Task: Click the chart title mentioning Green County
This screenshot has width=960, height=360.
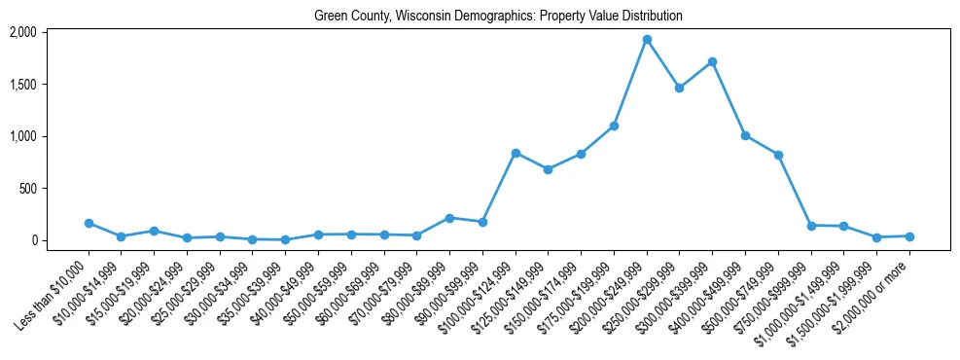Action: click(498, 17)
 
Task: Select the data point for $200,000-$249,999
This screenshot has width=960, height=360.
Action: click(647, 40)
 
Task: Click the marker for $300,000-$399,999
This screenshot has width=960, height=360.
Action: click(712, 61)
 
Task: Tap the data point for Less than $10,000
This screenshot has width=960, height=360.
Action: click(89, 223)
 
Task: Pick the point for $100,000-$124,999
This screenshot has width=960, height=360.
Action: click(516, 153)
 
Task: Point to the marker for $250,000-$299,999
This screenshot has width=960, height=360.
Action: click(679, 88)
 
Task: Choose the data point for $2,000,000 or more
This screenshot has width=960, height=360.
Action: click(909, 236)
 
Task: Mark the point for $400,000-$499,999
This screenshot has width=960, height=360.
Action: click(745, 135)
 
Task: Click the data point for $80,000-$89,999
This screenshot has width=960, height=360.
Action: click(449, 218)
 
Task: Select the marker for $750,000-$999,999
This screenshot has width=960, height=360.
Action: click(811, 226)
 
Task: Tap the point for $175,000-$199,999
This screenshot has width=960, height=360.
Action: click(614, 126)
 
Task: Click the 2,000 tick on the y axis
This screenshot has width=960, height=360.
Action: click(22, 32)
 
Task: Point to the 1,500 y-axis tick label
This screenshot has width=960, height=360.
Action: click(22, 85)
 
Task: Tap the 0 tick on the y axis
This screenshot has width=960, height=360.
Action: click(33, 240)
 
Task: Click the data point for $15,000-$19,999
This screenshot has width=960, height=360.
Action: click(154, 231)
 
